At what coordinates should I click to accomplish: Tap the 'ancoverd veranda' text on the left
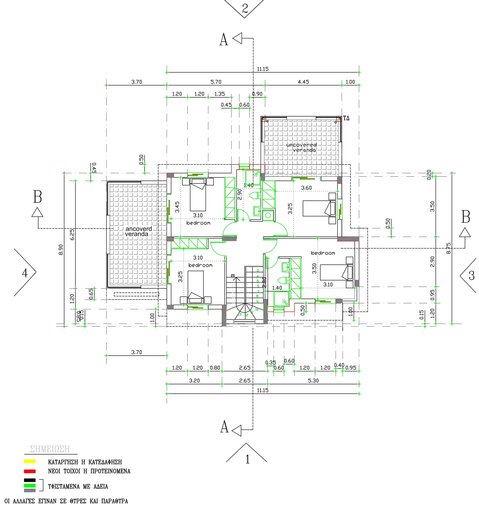tap(138, 231)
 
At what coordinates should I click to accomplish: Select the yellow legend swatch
tap(30, 461)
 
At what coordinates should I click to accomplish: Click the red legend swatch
tap(30, 471)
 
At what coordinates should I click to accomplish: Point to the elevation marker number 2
tap(245, 9)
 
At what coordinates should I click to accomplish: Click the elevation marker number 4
tap(25, 273)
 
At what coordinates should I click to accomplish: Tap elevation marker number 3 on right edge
tap(471, 276)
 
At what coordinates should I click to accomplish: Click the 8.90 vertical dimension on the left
tap(61, 250)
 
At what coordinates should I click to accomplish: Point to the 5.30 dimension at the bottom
tap(313, 381)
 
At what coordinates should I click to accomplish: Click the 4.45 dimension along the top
tap(303, 82)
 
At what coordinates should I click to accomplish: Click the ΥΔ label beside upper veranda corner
tap(346, 118)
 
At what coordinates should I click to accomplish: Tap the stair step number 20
tap(233, 275)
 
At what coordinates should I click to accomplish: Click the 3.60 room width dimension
tap(306, 188)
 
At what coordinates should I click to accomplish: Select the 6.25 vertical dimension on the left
tap(72, 234)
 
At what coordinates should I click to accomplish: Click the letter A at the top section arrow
tap(223, 40)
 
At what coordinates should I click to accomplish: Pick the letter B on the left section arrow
tap(37, 197)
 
